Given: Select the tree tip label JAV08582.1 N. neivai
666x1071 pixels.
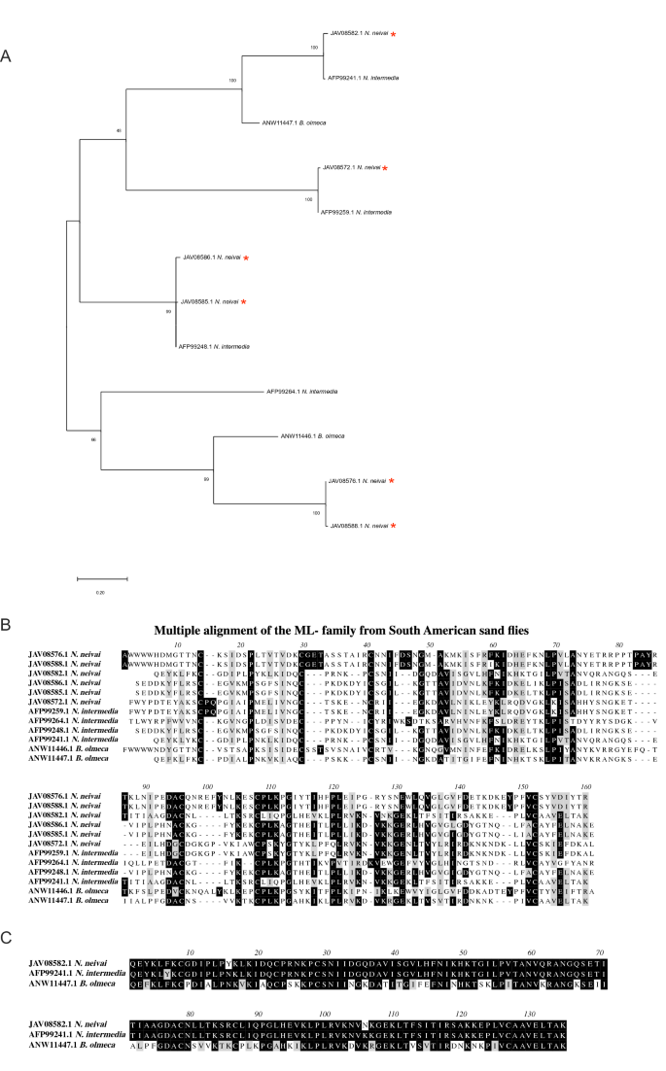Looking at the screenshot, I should tap(358, 34).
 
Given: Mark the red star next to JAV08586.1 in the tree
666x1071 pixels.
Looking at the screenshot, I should tap(247, 258).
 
